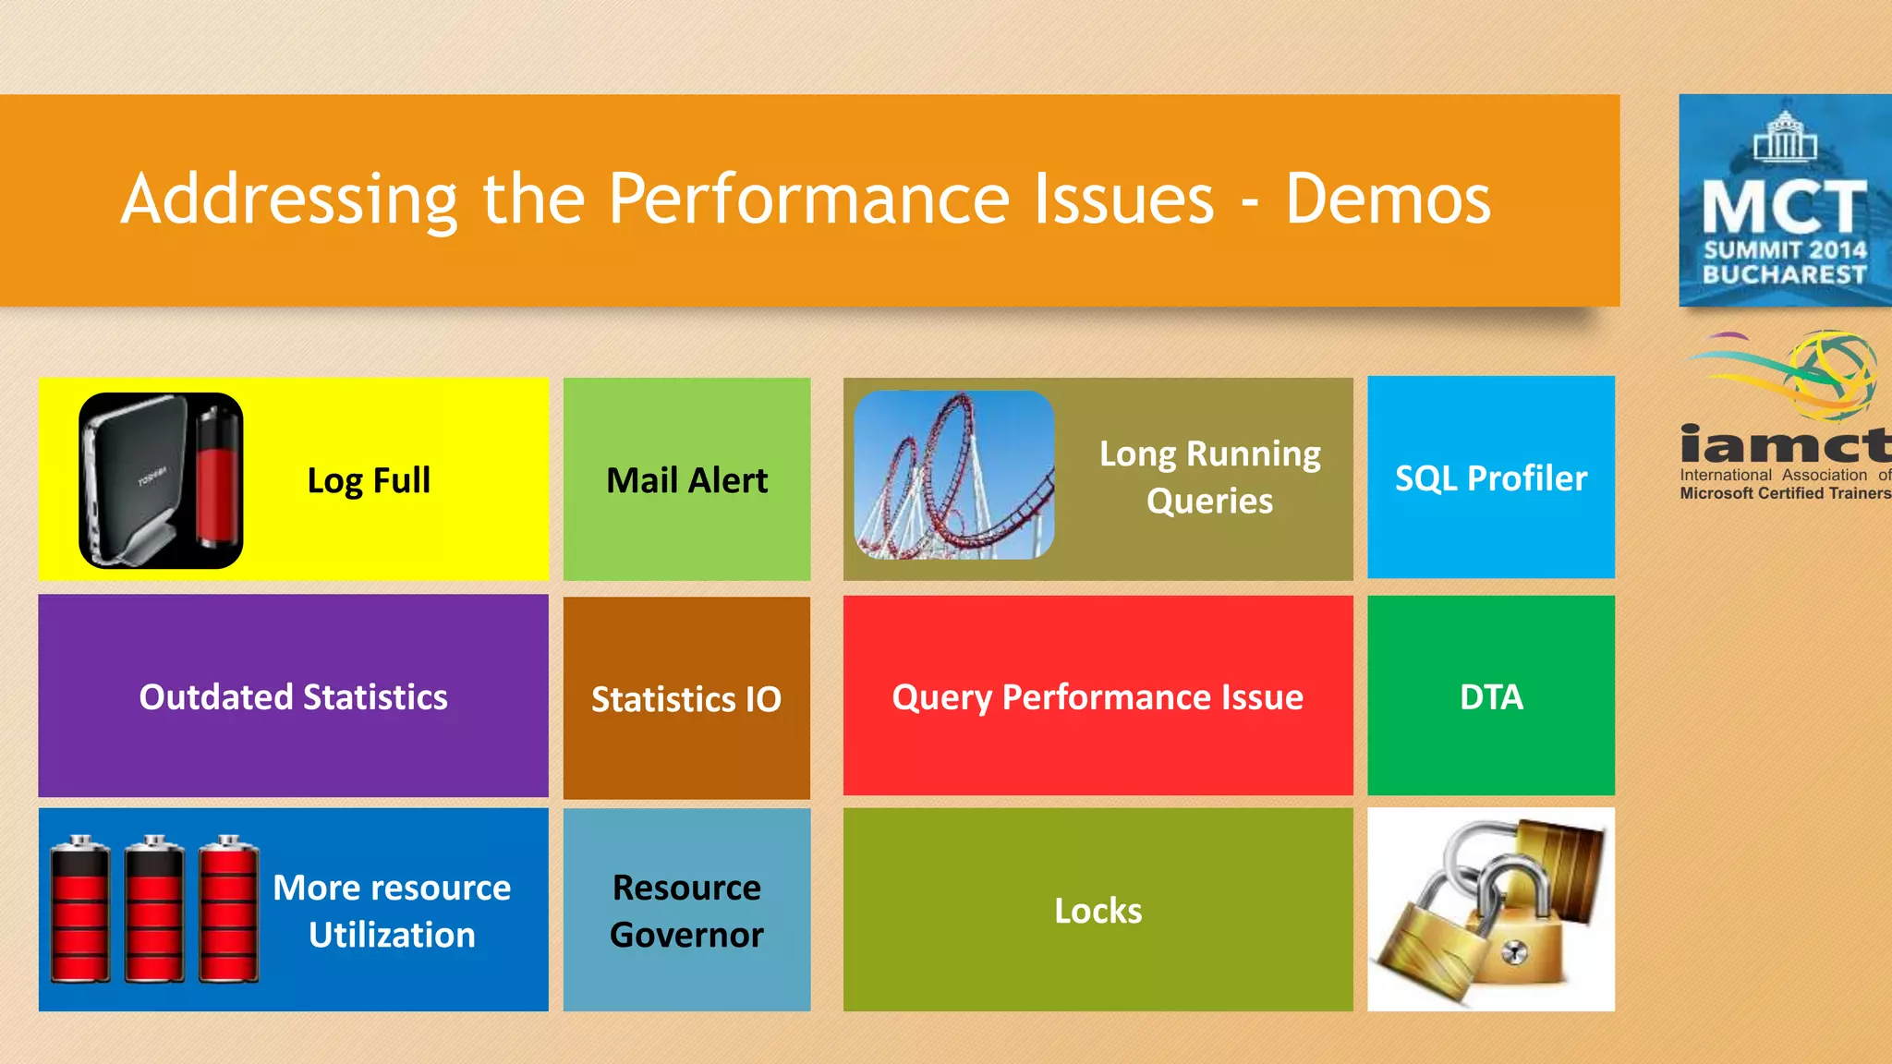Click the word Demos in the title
[x=1388, y=199]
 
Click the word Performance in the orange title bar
[x=808, y=199]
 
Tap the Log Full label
[x=369, y=480]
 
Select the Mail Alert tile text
[x=686, y=480]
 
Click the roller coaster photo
[x=953, y=475]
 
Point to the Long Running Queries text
[x=1209, y=477]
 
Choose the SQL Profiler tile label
[x=1490, y=478]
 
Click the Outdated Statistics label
[x=293, y=696]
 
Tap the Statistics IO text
[x=685, y=699]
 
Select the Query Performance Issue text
[x=1098, y=696]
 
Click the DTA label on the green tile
[x=1490, y=696]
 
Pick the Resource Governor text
[x=686, y=911]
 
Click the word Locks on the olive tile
[x=1098, y=911]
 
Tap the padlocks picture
[x=1490, y=910]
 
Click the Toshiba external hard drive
[x=135, y=479]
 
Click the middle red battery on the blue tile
[x=154, y=909]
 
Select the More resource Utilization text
[x=392, y=911]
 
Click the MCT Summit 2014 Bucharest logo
[x=1784, y=200]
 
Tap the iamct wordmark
[x=1784, y=446]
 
